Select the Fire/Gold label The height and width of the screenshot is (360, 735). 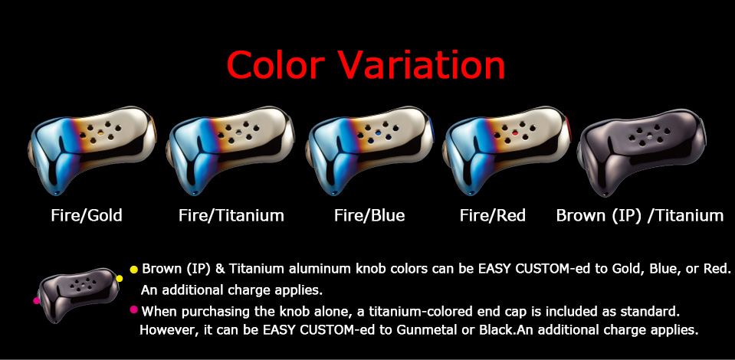coord(87,216)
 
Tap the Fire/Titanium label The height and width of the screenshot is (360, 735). coord(231,216)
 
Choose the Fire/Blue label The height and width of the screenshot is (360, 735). coord(369,216)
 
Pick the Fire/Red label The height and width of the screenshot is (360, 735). coord(493,216)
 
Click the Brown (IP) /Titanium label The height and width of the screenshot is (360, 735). coord(640,216)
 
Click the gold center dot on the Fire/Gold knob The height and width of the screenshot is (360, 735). coord(101,133)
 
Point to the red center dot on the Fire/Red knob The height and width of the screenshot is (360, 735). coord(515,133)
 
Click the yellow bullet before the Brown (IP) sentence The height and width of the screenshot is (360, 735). coord(134,270)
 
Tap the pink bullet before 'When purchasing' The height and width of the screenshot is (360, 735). coord(134,309)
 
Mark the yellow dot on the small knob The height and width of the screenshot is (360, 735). coord(119,279)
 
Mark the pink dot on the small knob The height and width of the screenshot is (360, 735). coord(37,300)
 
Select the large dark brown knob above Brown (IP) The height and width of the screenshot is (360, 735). coord(641,152)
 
